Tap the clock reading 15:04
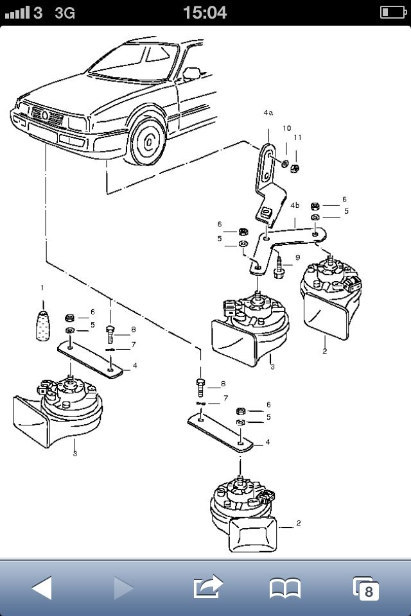point(205,12)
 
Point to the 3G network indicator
point(65,12)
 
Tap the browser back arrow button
point(42,587)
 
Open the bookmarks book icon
point(284,587)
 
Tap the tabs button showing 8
point(366,588)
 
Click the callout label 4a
point(268,112)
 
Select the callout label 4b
point(295,205)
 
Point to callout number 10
point(286,128)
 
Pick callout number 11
point(297,137)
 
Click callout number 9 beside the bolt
point(297,257)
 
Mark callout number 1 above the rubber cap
point(42,287)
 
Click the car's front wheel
point(149,141)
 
